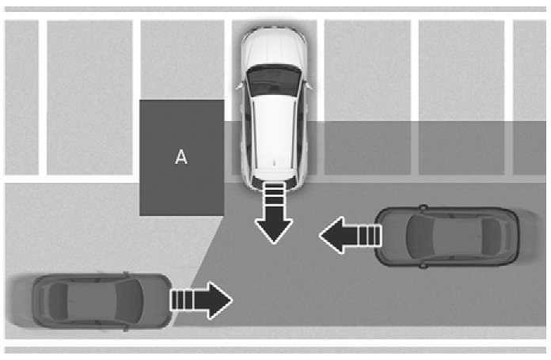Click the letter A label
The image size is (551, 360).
pos(181,157)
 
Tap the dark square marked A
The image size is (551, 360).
pos(182,157)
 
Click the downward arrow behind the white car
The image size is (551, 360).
pos(274,213)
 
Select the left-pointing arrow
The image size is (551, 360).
pos(351,235)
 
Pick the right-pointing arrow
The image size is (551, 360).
pos(201,301)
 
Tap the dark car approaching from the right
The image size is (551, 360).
pos(446,236)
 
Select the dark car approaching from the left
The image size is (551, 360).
pos(101,301)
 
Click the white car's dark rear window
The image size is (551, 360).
pos(274,81)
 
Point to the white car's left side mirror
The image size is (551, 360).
pos(240,85)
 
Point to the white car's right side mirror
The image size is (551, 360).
pos(309,85)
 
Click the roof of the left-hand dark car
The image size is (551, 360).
pos(93,301)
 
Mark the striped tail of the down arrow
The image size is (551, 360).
pos(274,194)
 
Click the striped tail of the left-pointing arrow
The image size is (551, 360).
pos(370,235)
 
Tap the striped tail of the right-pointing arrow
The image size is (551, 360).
pos(181,301)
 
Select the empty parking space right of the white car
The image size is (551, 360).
pos(367,97)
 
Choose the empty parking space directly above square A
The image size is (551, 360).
pos(182,59)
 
